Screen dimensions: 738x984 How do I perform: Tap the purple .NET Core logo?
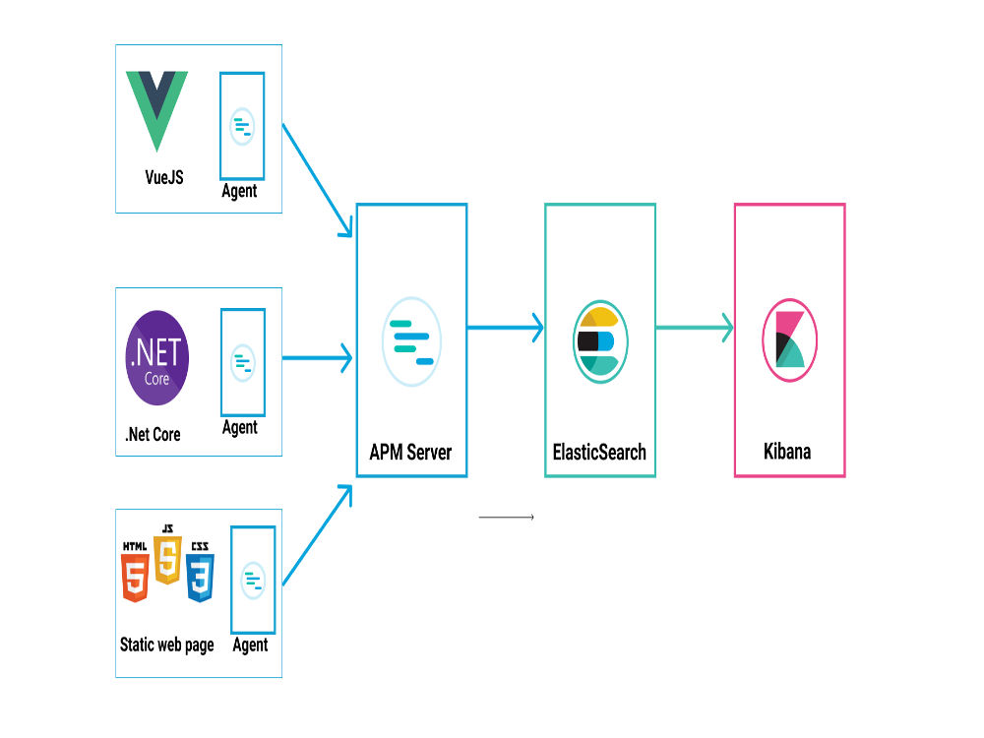coord(157,358)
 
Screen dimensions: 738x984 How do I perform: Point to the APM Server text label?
coord(410,453)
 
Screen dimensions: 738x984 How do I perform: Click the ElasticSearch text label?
coord(599,453)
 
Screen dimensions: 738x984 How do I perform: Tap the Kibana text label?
coord(788,453)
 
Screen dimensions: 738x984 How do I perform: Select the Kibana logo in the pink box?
coord(789,340)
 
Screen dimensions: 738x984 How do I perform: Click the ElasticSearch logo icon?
coord(599,340)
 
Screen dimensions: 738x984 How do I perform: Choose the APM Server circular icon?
coord(411,340)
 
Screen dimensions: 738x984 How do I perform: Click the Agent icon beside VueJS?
coord(241,125)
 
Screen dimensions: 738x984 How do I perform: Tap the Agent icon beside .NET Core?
coord(242,363)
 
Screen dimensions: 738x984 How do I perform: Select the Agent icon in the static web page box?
coord(253,581)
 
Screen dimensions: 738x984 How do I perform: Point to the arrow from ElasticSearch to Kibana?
coord(694,328)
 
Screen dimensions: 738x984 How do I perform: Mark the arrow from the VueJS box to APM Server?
coord(317,179)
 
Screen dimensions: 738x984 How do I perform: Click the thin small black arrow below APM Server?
coord(506,517)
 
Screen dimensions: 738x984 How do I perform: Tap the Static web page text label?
coord(166,646)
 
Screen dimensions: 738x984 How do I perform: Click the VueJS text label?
coord(163,178)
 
